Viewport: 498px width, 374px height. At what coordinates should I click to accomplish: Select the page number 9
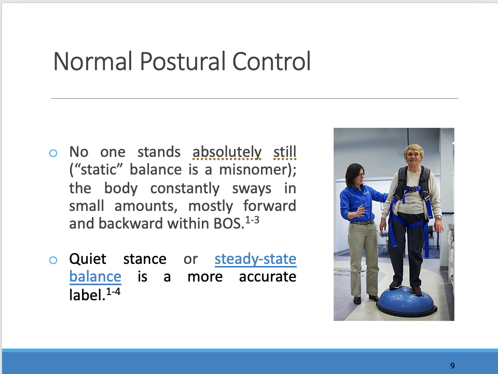[452, 366]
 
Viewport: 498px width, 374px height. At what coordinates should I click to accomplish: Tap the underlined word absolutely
[227, 152]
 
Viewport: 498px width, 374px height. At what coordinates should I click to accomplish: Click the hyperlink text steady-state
[255, 259]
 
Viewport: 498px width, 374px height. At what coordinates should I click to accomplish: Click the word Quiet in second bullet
[88, 259]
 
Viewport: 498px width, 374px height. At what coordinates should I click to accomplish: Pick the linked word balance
[95, 276]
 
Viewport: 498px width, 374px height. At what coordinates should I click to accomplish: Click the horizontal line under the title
[254, 98]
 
